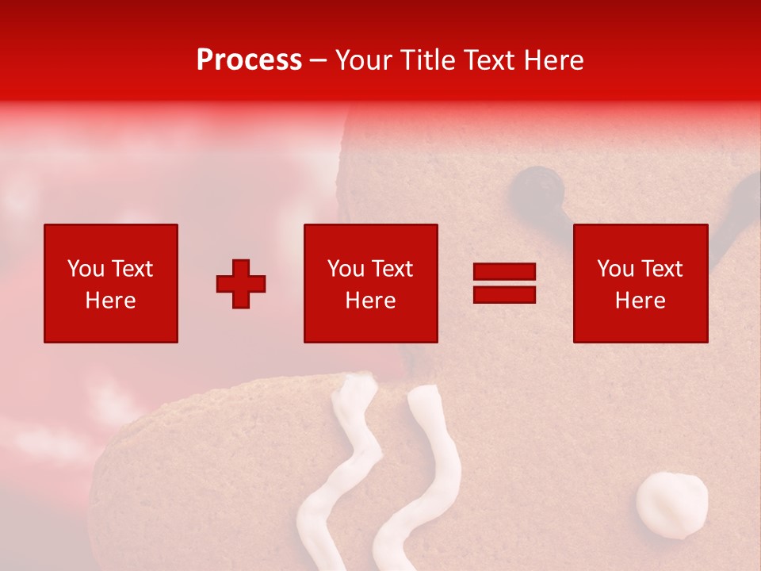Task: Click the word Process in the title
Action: tap(249, 60)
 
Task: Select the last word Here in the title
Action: tap(552, 60)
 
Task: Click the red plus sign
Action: tap(241, 284)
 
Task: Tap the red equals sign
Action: tap(504, 283)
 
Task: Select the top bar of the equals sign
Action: tap(504, 272)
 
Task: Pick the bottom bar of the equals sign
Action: tap(504, 294)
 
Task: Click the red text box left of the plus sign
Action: tap(110, 283)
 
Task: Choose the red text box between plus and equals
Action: tap(370, 283)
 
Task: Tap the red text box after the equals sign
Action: tap(640, 283)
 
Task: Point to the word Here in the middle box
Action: tap(370, 301)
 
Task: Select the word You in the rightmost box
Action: tap(614, 269)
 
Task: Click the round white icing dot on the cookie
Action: tap(671, 504)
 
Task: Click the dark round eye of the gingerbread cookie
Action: tap(538, 189)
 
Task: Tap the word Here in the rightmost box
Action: tap(640, 301)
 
